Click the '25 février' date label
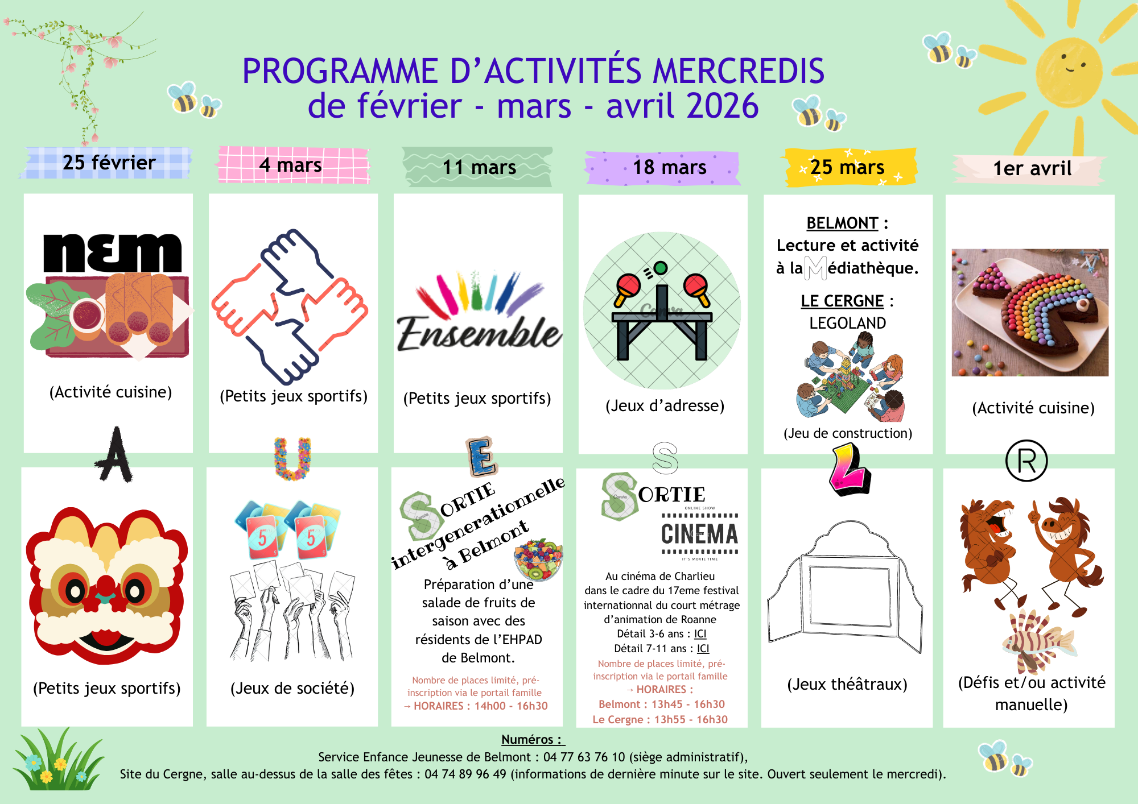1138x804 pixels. [x=109, y=163]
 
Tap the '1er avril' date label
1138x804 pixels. [x=1032, y=168]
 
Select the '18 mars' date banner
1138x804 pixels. [x=669, y=167]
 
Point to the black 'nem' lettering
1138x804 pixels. [x=113, y=252]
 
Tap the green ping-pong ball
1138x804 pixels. [x=661, y=267]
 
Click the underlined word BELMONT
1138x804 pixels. [x=842, y=223]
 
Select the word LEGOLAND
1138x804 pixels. [x=847, y=323]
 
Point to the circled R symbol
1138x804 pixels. [x=1026, y=461]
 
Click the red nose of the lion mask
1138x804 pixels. [x=106, y=586]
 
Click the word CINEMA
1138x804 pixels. [x=699, y=534]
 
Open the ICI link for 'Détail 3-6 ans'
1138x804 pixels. [x=700, y=634]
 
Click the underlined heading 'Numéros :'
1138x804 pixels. [x=532, y=739]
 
